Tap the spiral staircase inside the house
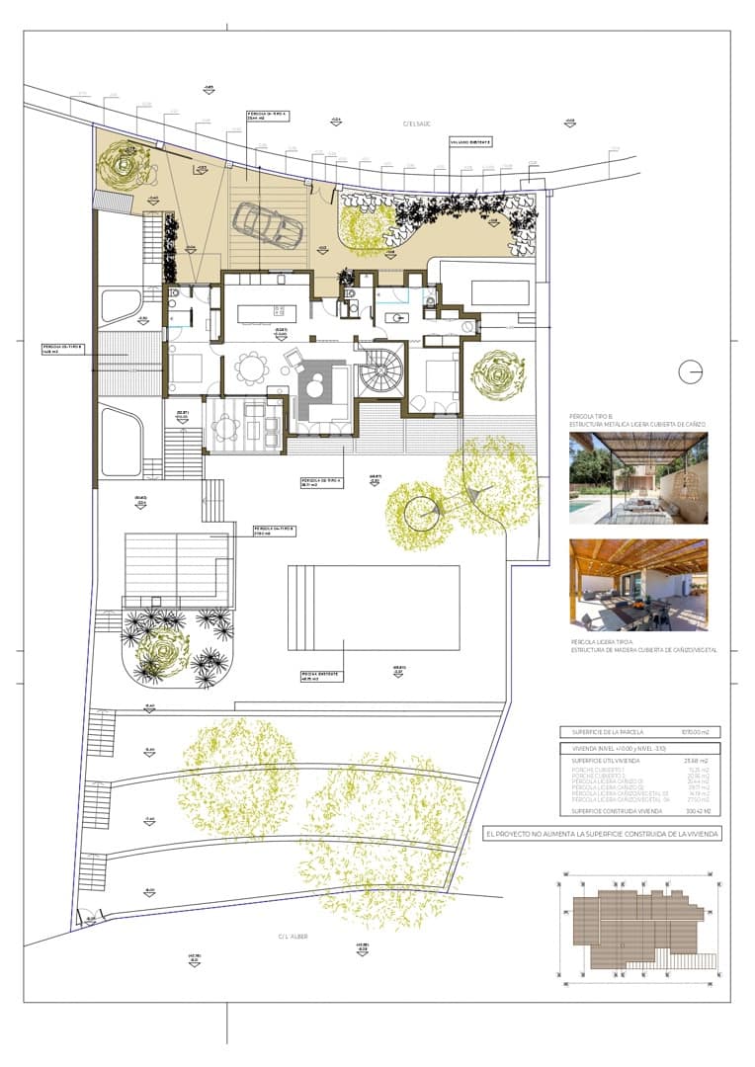tap(381, 371)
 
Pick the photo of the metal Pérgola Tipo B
tap(638, 478)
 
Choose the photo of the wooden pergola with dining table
tap(638, 585)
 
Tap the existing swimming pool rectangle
tap(374, 607)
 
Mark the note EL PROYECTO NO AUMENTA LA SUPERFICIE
tap(603, 834)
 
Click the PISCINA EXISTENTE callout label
tap(322, 675)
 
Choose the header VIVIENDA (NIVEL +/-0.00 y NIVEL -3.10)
tap(618, 749)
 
